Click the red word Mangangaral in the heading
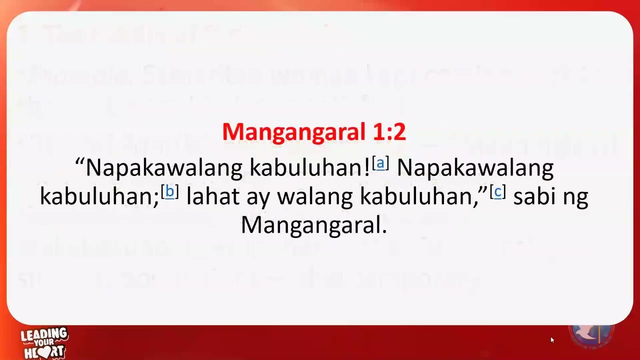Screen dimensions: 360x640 coord(293,132)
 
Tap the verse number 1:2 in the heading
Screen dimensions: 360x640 coord(388,132)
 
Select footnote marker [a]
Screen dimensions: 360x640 coord(380,163)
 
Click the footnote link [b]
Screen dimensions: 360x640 coord(169,192)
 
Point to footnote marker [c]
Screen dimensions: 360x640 coord(497,192)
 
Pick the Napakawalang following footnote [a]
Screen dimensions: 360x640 coord(475,168)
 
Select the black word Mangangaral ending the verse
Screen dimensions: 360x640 coord(313,225)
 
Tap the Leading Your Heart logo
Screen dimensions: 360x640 coord(44,343)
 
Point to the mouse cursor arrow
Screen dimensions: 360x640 coord(552,340)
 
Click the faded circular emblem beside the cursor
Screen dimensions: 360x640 coord(591,335)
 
